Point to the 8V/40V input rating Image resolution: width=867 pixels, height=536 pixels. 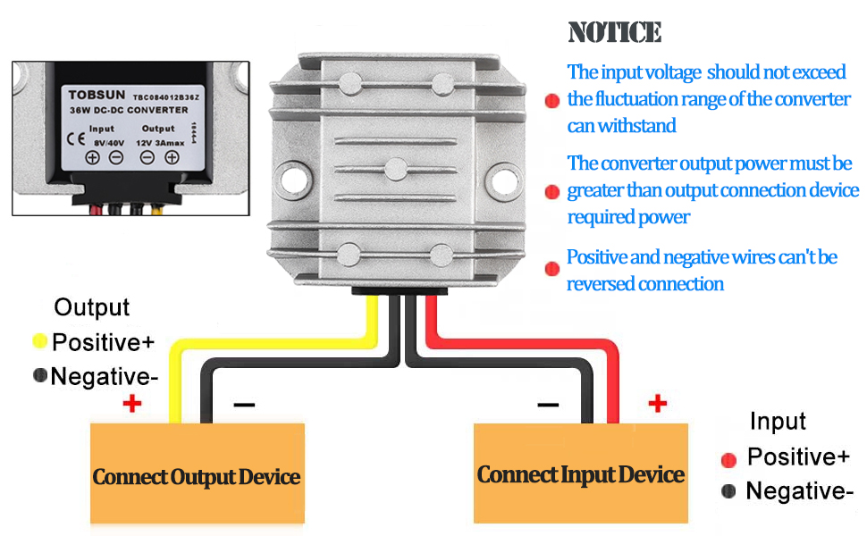click(x=108, y=141)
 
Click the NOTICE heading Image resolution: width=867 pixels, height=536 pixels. click(x=615, y=33)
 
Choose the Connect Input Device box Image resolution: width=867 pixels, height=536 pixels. click(x=580, y=473)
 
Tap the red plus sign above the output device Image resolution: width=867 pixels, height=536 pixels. click(x=132, y=404)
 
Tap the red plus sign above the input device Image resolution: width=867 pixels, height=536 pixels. click(x=658, y=404)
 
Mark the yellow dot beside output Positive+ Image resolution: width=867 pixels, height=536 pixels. click(x=39, y=340)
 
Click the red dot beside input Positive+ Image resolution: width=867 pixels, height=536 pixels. click(x=728, y=459)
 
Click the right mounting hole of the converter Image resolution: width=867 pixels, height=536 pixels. click(x=498, y=183)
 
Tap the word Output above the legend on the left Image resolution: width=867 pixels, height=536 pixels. click(x=91, y=307)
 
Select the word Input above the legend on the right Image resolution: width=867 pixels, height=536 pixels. click(x=778, y=421)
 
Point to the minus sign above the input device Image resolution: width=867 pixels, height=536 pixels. click(x=548, y=404)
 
